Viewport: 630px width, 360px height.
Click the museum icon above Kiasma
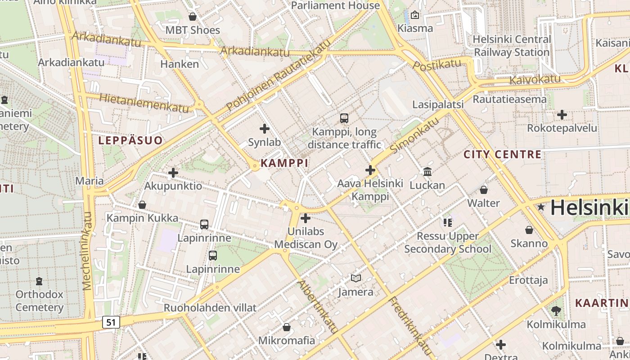coord(414,16)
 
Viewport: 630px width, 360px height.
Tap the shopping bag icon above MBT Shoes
coord(193,17)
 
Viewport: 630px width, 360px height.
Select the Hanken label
coord(180,64)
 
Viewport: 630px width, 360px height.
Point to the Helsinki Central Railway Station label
coord(512,46)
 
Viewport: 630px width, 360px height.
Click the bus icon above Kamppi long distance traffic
coord(344,118)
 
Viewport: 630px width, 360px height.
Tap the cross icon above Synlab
coord(265,129)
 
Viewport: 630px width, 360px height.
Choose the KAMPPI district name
coord(284,163)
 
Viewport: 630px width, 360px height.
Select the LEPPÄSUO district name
coord(130,140)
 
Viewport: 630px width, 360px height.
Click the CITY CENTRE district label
coord(502,154)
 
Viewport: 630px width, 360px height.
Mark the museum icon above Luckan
coord(427,171)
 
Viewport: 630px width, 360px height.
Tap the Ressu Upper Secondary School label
coord(448,243)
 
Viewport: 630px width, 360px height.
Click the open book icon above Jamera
coord(356,279)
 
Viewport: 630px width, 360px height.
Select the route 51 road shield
coord(111,322)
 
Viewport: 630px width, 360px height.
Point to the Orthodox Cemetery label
coord(40,301)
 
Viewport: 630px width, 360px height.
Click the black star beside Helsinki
coord(540,207)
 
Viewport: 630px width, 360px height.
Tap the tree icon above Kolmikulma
coord(556,310)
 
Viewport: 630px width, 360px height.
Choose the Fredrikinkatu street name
coord(410,326)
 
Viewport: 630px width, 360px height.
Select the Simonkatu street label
coord(414,135)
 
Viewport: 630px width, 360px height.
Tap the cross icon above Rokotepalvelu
coord(562,115)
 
